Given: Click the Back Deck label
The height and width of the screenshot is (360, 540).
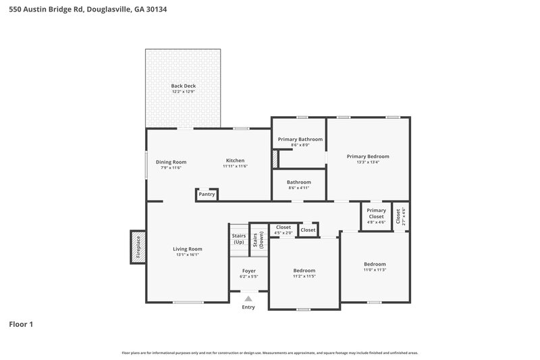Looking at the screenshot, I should coord(182,86).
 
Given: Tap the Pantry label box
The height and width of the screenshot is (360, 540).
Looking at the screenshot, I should coord(207,195).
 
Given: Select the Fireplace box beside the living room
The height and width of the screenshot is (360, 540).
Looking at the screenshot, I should coord(138,247).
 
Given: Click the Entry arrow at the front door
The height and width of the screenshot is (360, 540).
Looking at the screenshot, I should coord(248,298).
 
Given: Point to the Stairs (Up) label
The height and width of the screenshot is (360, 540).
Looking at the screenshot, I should coord(238,238).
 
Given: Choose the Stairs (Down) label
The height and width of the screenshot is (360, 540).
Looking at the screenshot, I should coord(259,240).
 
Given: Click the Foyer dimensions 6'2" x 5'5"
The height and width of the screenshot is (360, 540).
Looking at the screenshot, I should coord(248,276).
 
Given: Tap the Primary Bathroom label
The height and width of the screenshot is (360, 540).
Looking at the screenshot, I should coord(300,139).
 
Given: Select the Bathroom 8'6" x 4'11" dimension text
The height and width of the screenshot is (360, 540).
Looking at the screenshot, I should coord(298,188).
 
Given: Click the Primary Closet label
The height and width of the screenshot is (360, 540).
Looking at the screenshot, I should coord(376,213).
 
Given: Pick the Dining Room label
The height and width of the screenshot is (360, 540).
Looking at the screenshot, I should coord(171,162).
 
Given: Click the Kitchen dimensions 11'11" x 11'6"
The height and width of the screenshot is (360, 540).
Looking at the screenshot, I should coord(235,167).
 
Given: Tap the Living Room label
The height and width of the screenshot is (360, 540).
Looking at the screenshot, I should coord(187,249).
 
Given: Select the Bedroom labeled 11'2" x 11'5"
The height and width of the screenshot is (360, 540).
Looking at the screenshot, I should coord(304,273).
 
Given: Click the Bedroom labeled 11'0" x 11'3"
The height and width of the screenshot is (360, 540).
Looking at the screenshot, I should coord(375,267).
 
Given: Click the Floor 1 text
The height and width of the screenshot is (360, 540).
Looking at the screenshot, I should coord(21,324).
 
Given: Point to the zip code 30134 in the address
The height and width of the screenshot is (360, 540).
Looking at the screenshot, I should coord(153,9).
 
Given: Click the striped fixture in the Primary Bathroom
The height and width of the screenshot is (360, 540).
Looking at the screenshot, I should coord(275,159).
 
